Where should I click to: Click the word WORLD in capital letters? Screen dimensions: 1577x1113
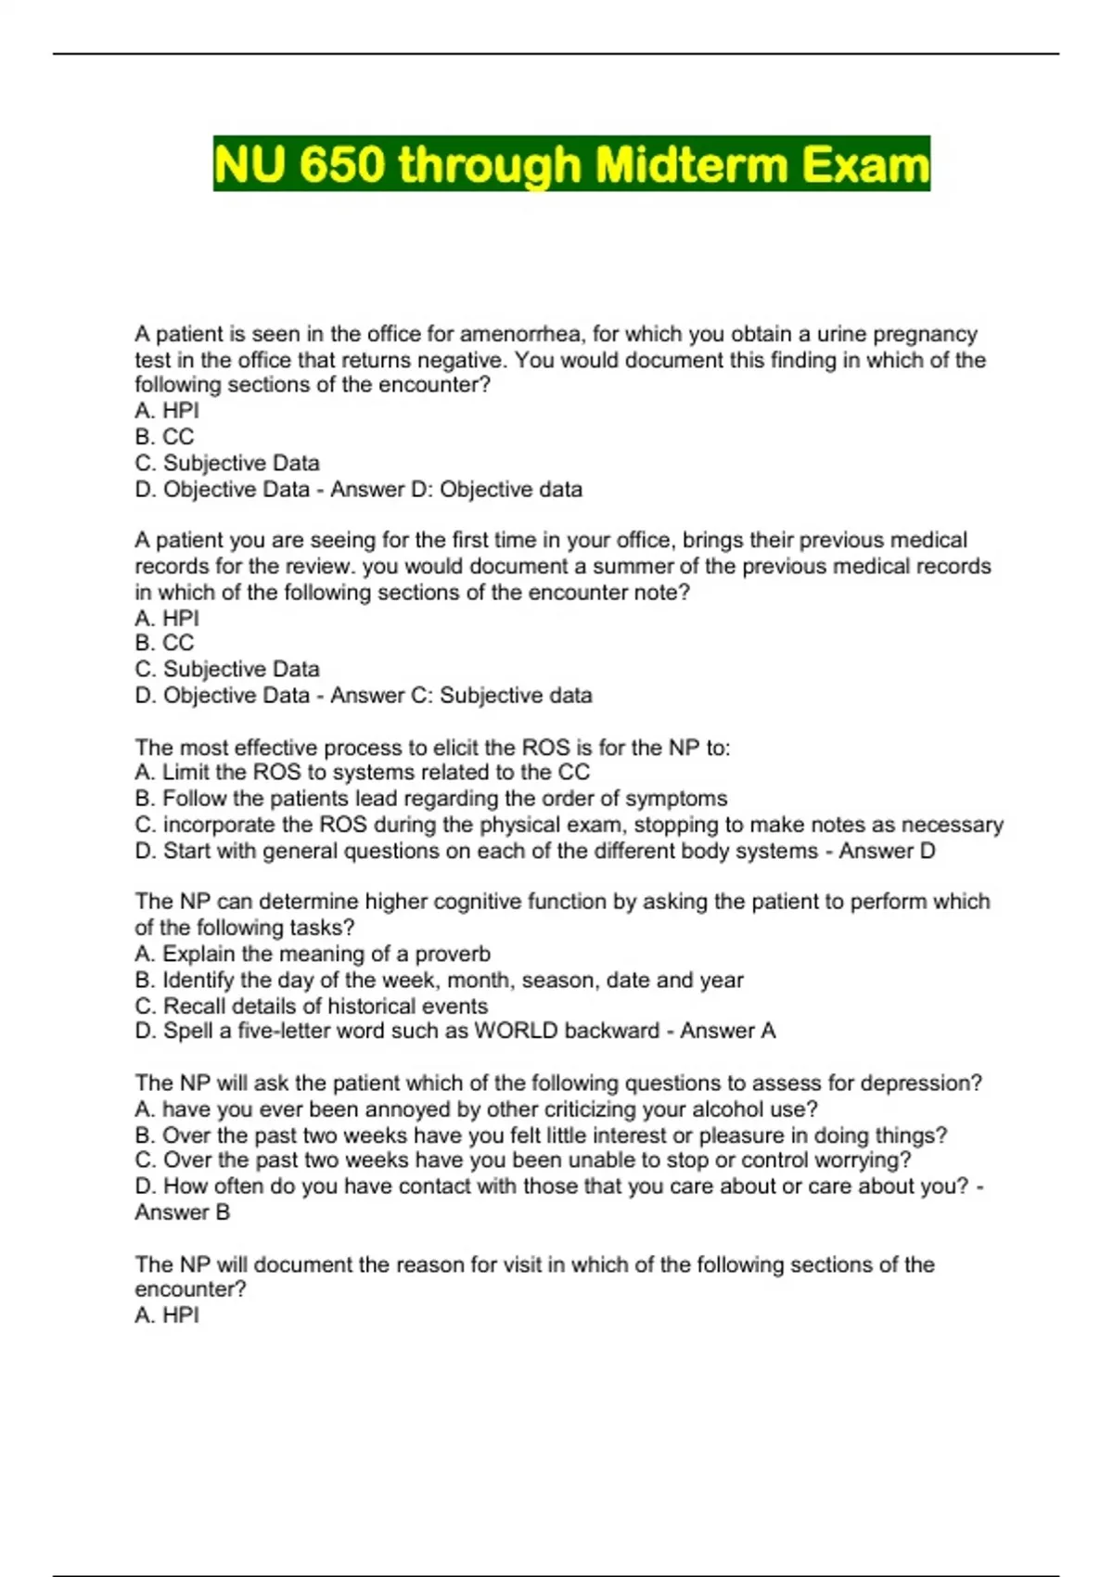point(516,1031)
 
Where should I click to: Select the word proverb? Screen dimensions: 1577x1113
point(453,954)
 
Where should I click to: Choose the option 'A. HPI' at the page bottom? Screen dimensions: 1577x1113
point(167,1315)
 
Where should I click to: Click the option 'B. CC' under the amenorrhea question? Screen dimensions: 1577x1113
point(164,437)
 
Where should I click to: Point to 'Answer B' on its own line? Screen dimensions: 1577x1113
point(182,1212)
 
